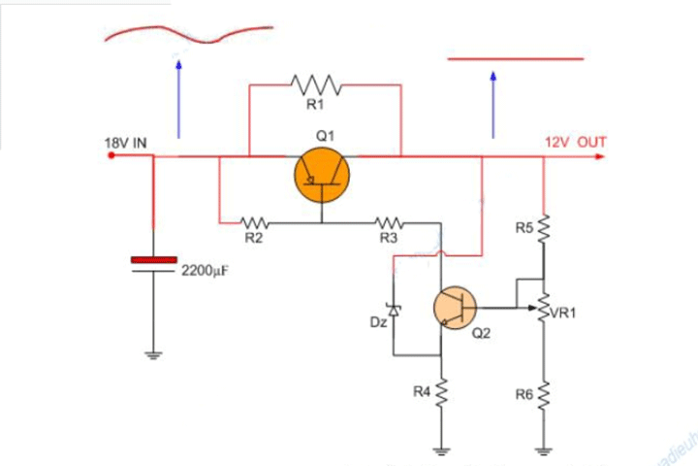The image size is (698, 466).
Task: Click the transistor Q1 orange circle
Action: pos(322,175)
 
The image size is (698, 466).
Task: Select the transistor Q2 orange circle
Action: pos(455,308)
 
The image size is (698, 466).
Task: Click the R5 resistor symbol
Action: pos(544,229)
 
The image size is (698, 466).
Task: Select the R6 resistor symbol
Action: pos(544,394)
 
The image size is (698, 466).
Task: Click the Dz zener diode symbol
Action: pos(393,310)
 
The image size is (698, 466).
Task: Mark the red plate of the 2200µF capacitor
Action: pos(153,259)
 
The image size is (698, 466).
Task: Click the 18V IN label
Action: pos(126,143)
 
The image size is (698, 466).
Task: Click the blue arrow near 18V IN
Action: pos(178,97)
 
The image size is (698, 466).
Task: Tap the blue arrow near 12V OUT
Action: pos(493,102)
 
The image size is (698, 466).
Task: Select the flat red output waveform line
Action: pos(515,59)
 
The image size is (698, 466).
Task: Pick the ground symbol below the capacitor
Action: pos(153,355)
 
